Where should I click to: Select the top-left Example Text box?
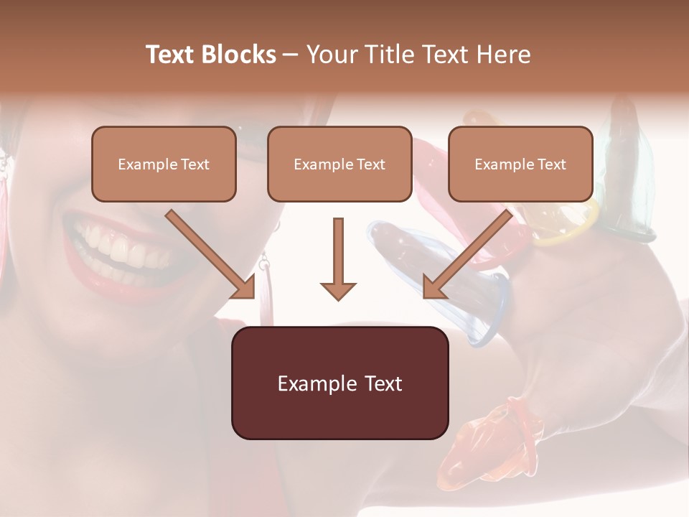point(164,164)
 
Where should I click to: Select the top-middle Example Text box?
point(339,164)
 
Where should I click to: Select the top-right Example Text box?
point(520,164)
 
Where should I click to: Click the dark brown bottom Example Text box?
point(339,383)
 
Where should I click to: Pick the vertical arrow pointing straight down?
point(338,258)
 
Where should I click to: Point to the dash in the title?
point(291,55)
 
